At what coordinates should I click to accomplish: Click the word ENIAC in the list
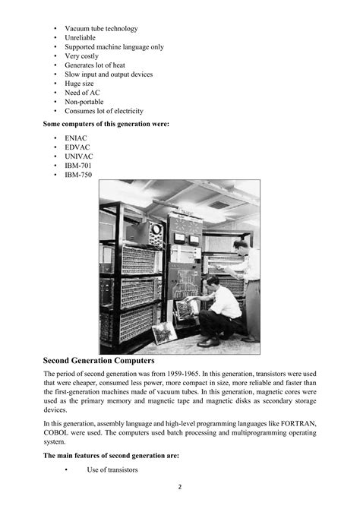coord(76,138)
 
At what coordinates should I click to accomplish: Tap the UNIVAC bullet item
coord(79,156)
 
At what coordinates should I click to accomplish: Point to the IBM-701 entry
coord(79,166)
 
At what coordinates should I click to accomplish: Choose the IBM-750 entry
coord(79,175)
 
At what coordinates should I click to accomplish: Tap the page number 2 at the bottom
coord(179,486)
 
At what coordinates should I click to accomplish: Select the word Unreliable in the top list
coord(80,37)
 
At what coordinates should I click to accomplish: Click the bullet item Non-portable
coord(84,101)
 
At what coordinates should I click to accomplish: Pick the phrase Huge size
coord(80,83)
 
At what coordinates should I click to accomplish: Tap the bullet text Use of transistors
coord(112,469)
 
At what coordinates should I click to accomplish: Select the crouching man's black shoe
coord(209,342)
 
